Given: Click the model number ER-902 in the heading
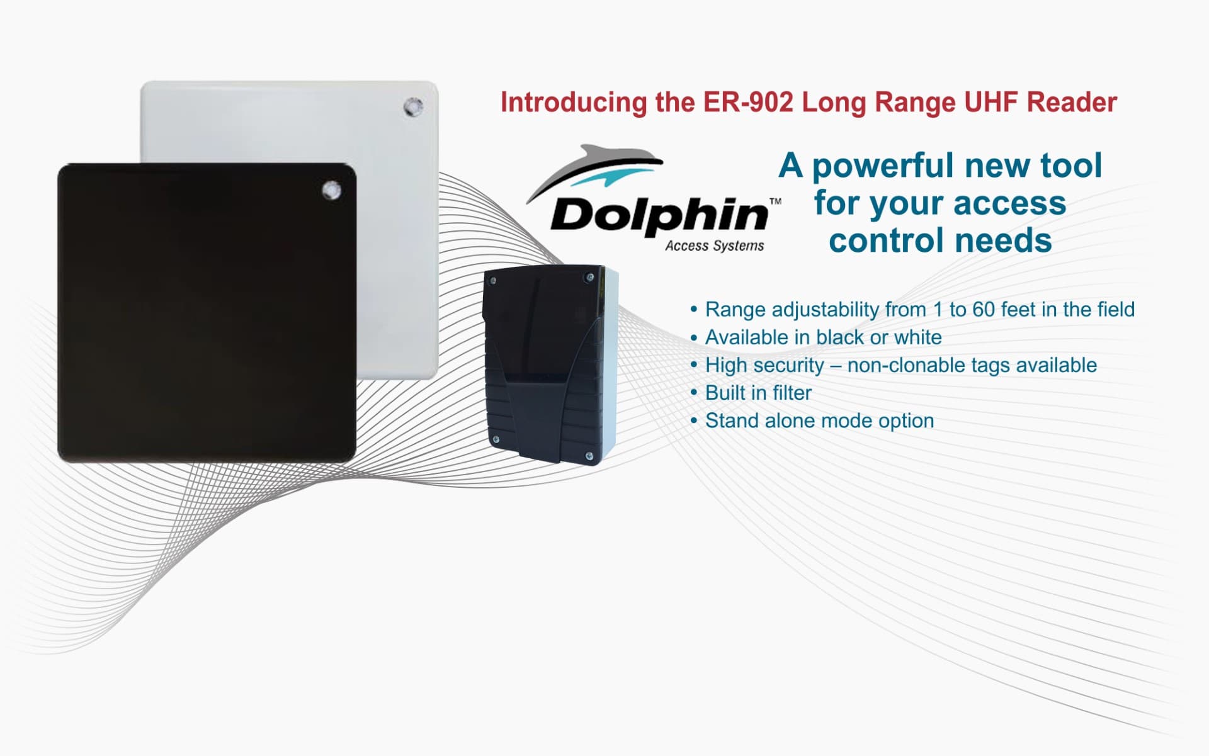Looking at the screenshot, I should point(748,103).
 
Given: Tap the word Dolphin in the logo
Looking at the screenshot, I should point(659,215).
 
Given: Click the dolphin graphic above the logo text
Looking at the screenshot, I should point(595,167).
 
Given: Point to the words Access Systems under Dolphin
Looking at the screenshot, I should point(715,246).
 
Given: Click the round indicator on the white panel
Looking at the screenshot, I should point(413,107).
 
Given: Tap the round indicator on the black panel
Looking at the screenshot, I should point(332,189).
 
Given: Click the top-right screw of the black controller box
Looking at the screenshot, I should point(589,277).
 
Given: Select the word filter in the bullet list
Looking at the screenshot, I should point(792,393).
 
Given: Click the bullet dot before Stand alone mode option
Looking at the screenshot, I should point(694,420).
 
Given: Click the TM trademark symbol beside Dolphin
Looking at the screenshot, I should point(775,201).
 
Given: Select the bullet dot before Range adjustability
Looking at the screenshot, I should point(694,310).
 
